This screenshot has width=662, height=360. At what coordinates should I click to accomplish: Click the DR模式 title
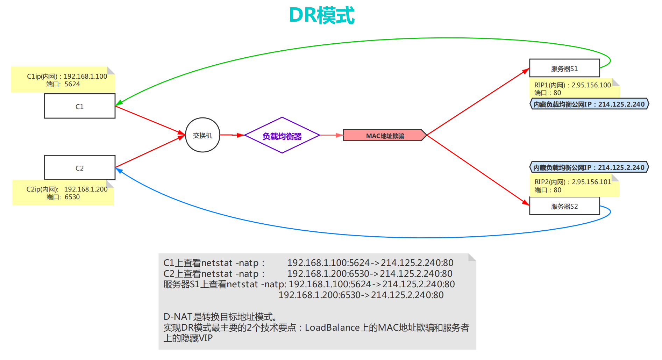321,16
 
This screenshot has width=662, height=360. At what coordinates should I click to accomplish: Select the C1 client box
80,106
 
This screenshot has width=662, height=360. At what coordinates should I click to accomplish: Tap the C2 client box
80,168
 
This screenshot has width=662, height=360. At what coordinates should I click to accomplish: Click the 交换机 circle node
202,135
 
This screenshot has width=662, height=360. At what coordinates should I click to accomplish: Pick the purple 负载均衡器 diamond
282,136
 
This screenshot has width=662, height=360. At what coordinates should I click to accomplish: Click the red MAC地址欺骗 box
385,136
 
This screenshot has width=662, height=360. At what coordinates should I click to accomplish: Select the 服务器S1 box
564,69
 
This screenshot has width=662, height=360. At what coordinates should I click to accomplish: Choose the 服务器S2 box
564,206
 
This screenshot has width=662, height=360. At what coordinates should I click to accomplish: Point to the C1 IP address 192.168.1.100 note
85,76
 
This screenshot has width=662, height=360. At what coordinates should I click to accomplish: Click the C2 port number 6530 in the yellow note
72,197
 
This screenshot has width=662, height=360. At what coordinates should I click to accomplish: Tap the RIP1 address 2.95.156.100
591,85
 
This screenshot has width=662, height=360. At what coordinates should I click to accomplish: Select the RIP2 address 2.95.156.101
591,182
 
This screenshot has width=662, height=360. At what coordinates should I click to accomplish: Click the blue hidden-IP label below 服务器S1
589,104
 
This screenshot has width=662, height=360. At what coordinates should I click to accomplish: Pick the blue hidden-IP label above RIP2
589,167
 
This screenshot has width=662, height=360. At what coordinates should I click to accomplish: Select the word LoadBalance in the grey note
332,327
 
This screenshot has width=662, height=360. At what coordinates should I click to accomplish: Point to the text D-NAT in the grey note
178,317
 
